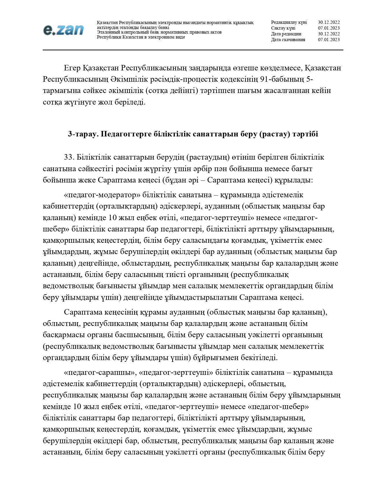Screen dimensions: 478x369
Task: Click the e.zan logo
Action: pos(63,30)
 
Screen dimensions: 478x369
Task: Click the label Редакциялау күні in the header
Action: pos(289,22)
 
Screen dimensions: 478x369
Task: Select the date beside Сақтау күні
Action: pos(328,28)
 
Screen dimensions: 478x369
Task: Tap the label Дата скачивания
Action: pos(288,40)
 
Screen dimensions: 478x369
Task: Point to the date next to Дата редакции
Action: pos(328,34)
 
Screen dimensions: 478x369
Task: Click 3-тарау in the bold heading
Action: pos(80,134)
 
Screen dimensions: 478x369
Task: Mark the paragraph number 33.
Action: pos(69,157)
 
